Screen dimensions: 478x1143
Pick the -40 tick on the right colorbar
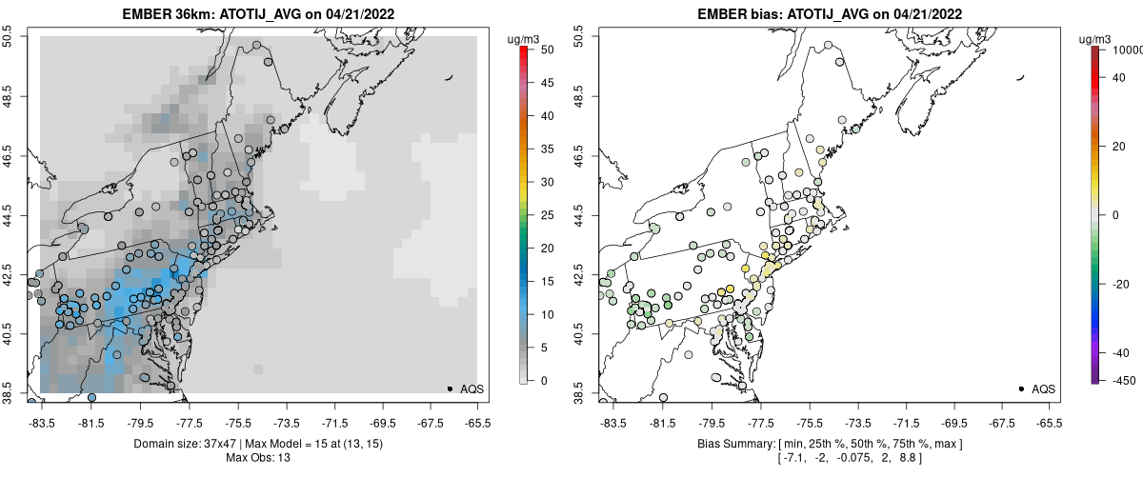pyautogui.click(x=1114, y=352)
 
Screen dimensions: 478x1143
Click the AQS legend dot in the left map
pyautogui.click(x=450, y=388)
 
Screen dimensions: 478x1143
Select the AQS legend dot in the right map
pyautogui.click(x=1021, y=388)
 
